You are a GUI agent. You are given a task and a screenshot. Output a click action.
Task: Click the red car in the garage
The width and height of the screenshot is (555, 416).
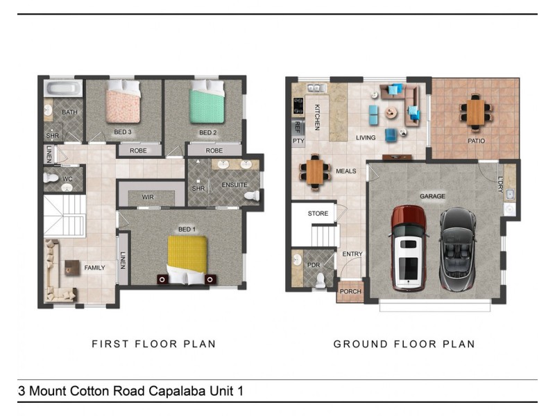409,248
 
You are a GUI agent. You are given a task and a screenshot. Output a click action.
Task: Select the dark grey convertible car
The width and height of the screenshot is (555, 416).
458,249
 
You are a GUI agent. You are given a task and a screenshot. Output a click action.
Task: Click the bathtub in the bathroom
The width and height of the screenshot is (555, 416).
63,88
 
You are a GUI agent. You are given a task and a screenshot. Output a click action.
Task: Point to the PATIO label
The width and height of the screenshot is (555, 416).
476,141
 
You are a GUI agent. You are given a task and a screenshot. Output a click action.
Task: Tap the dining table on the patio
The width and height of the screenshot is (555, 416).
475,112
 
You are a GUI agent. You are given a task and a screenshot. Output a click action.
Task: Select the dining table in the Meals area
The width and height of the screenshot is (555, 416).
315,172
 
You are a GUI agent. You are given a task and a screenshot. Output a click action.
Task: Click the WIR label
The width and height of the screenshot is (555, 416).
148,197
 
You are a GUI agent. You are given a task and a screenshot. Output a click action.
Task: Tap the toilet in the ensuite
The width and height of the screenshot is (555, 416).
252,196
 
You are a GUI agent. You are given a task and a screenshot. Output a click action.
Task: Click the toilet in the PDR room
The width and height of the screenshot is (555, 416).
320,280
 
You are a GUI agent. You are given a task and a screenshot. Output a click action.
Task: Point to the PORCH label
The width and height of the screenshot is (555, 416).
350,291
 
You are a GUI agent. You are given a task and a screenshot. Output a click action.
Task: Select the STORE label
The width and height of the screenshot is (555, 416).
318,214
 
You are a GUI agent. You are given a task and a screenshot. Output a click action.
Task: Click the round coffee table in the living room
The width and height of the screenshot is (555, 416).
391,113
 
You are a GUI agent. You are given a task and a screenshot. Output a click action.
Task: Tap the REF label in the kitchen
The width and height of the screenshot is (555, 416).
298,127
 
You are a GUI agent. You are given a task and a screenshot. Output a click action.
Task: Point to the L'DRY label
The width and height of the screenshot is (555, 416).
500,184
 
